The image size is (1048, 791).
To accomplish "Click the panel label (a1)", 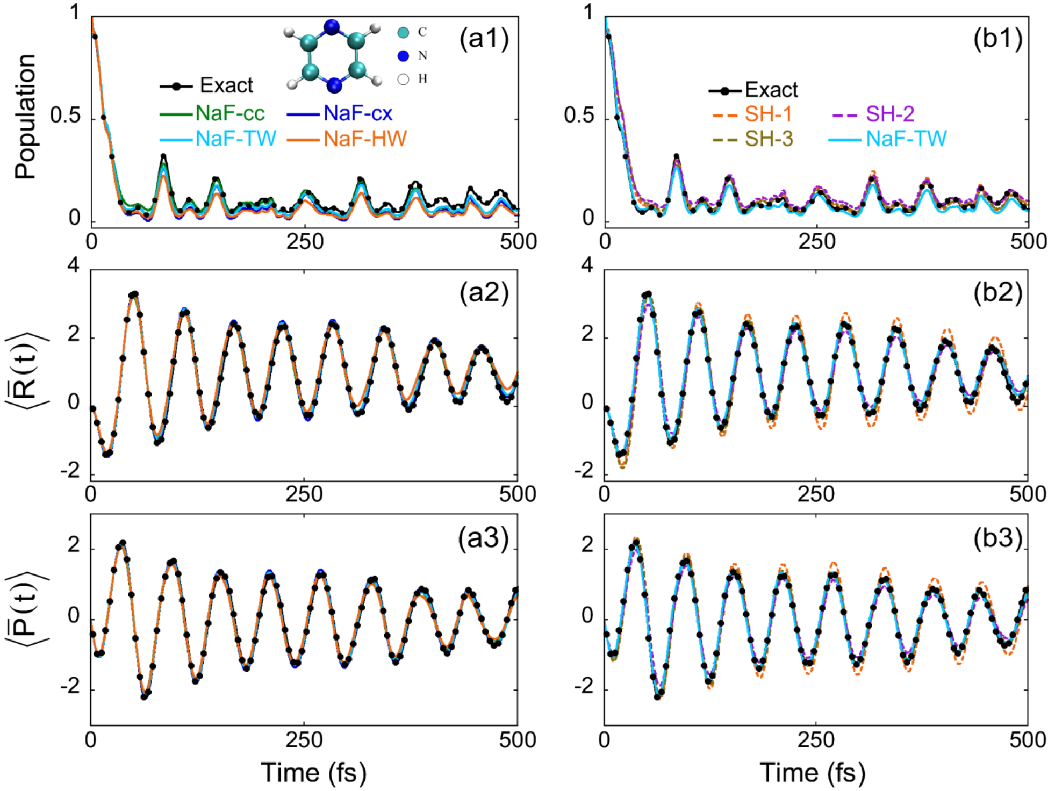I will [x=484, y=39].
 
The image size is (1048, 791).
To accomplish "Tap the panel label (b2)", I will [x=998, y=293].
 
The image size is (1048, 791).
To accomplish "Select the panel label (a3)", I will [x=483, y=538].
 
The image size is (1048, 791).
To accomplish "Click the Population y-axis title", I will [x=25, y=116].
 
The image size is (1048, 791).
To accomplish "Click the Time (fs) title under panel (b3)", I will [x=812, y=772].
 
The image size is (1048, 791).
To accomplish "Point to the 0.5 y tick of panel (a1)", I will [x=65, y=116].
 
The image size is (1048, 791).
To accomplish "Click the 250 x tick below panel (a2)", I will [x=304, y=494].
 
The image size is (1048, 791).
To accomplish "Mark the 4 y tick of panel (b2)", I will [x=588, y=265].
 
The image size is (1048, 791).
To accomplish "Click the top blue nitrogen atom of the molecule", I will [x=332, y=27].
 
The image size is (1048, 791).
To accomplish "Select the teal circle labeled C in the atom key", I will [x=403, y=32].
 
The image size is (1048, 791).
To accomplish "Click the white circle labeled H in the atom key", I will [x=403, y=80].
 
